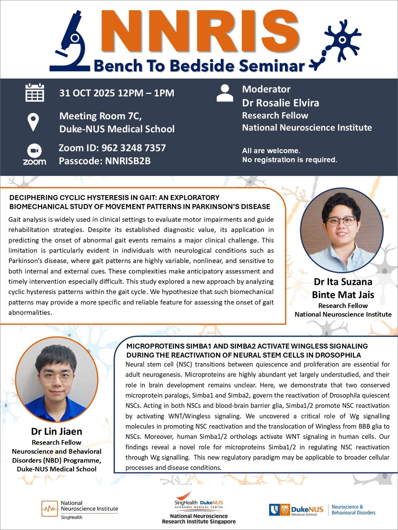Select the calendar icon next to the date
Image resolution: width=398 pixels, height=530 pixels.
(35, 93)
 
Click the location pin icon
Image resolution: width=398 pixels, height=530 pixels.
(33, 122)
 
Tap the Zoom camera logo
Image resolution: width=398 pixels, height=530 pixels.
(34, 151)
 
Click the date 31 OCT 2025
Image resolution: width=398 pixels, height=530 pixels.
(87, 93)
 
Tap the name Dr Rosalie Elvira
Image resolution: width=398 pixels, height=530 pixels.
(280, 103)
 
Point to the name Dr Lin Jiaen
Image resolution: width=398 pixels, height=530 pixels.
(57, 431)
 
